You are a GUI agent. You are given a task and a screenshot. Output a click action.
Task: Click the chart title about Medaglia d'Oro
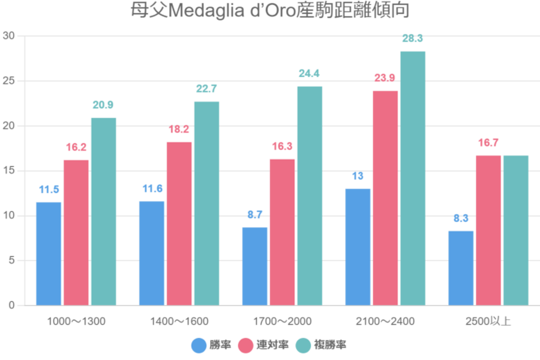pos(270,11)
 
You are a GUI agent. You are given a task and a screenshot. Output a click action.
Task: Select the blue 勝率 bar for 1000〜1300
pos(48,254)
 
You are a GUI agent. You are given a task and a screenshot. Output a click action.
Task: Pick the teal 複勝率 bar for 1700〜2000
pos(309,196)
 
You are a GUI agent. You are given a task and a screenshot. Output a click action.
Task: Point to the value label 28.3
pos(412,38)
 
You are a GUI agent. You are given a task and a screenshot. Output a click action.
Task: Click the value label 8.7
pos(254,214)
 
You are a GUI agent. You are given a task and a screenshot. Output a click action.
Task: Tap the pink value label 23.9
pos(385,78)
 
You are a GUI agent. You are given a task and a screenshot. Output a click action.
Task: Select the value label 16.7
pos(488,142)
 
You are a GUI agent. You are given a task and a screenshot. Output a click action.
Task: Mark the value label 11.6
pos(151,188)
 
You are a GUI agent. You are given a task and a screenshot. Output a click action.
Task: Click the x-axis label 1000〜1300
pos(76,320)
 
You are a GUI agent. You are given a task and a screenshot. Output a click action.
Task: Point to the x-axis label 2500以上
pos(488,320)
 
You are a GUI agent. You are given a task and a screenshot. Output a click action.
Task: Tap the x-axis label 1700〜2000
pos(282,320)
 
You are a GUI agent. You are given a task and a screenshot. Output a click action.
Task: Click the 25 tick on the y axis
pos(9,81)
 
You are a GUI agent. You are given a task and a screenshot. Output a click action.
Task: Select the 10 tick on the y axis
pos(9,216)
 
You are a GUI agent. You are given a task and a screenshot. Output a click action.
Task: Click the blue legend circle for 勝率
pos(198,345)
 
